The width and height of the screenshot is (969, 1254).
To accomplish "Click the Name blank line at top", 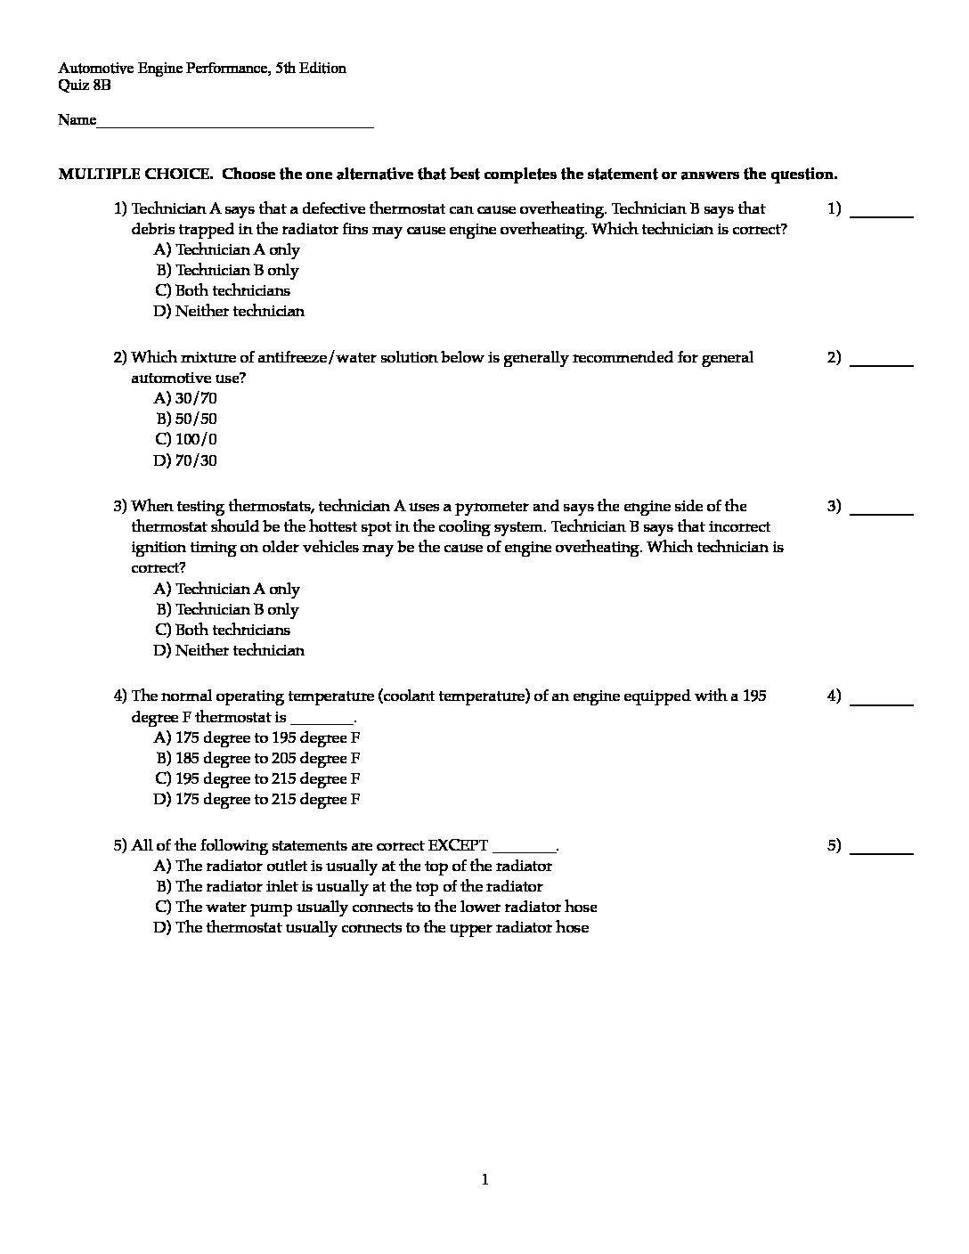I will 235,126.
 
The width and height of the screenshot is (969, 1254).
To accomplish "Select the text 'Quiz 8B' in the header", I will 85,85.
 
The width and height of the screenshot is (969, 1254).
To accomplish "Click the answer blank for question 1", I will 882,215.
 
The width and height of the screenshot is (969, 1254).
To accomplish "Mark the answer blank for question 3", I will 882,512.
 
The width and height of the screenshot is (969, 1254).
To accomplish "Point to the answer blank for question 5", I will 882,851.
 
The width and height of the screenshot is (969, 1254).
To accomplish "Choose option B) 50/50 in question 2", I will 186,419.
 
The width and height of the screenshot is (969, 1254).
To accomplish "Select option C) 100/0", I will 186,439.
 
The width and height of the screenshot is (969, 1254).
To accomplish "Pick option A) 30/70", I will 185,398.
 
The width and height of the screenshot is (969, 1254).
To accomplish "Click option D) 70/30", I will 185,460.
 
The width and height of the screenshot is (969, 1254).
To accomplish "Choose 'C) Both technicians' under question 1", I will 222,290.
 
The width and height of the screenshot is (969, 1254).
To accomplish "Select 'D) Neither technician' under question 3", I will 229,650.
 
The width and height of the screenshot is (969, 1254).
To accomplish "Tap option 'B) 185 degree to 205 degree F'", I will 257,758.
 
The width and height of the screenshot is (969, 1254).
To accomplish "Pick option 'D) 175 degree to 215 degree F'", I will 257,799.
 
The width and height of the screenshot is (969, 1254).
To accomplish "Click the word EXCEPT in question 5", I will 458,845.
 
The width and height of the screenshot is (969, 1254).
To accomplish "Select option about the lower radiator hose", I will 376,907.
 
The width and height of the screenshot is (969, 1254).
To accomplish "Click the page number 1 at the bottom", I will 484,1180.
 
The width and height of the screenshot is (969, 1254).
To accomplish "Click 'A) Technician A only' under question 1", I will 227,249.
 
